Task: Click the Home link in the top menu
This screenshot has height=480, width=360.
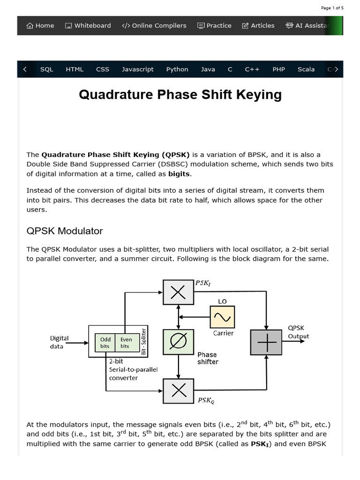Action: tap(40, 26)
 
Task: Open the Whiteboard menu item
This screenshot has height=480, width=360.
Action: tap(88, 26)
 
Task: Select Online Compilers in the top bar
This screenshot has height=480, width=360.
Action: tap(154, 26)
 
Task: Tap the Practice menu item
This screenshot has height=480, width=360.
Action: tap(214, 26)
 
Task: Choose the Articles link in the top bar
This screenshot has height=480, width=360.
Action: tap(258, 26)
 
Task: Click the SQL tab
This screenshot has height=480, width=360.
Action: tap(47, 69)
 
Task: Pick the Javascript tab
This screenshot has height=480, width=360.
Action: tap(138, 69)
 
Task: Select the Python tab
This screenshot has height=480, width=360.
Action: tap(177, 69)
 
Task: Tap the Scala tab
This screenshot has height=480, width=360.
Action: tap(306, 69)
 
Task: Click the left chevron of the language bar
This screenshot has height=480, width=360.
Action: tap(24, 69)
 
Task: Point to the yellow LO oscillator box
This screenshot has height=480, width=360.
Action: tap(222, 317)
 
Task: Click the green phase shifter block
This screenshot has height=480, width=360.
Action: tap(178, 342)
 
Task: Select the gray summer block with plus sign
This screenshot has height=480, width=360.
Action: tap(266, 342)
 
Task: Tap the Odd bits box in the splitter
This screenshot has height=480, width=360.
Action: tap(105, 343)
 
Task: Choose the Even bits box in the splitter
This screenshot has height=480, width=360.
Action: tap(125, 343)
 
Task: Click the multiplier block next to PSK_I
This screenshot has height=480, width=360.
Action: tap(178, 292)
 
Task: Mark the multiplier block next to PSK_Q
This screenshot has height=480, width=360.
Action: tap(178, 391)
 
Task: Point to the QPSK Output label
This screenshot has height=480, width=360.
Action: tap(298, 332)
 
